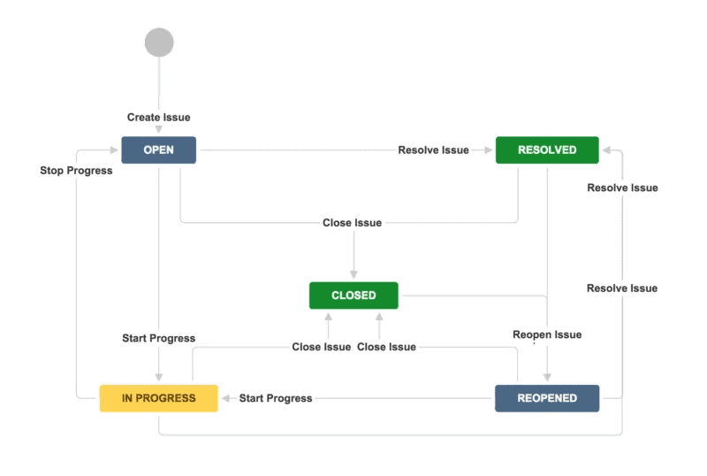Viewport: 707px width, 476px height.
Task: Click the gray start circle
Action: click(x=159, y=42)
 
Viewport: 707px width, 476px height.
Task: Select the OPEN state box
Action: click(x=158, y=150)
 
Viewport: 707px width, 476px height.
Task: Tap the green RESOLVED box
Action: click(x=547, y=150)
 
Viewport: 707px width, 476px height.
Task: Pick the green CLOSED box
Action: click(x=353, y=296)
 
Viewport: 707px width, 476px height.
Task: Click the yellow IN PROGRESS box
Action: click(x=158, y=398)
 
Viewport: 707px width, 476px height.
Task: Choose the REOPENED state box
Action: click(x=547, y=398)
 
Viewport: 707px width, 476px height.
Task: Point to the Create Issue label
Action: click(x=158, y=118)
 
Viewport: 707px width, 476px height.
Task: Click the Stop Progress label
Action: click(x=76, y=171)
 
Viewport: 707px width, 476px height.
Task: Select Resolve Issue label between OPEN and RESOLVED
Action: click(x=433, y=150)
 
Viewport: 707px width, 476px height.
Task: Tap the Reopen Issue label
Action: click(x=547, y=335)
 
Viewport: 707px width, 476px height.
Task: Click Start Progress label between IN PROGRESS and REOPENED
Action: click(x=276, y=398)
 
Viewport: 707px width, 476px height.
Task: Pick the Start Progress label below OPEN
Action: click(x=158, y=339)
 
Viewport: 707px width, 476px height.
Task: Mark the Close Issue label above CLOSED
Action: click(x=353, y=223)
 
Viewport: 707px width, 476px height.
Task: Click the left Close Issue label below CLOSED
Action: click(x=322, y=347)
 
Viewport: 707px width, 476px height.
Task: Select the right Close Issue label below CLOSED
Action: click(x=386, y=347)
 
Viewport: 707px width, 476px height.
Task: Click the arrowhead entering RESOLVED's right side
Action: click(x=605, y=150)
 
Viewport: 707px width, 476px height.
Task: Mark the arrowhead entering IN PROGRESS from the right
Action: click(x=224, y=398)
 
